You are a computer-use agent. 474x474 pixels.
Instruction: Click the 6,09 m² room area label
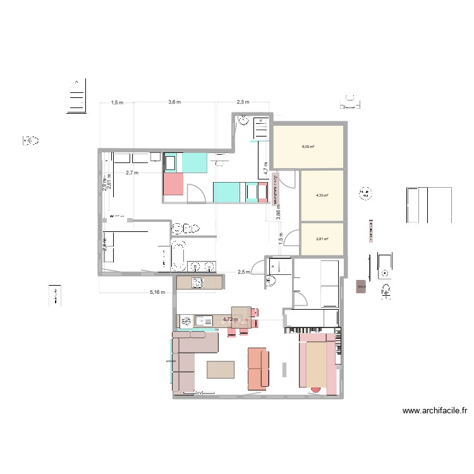pos(308,147)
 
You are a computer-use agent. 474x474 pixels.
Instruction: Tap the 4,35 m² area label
pos(322,195)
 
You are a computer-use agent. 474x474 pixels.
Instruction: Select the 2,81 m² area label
pos(322,239)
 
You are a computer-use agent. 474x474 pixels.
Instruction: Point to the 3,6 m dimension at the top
pos(174,102)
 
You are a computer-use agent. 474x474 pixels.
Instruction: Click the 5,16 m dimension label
pos(157,292)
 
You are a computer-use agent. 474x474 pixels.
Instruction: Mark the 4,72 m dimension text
pos(230,320)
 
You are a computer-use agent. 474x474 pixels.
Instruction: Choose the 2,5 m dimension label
pos(243,272)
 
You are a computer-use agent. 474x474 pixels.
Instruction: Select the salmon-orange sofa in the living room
pos(258,368)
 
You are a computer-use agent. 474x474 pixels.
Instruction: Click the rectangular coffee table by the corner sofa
pos(219,369)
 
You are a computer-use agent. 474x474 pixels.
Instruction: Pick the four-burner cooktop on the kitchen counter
pos(197,282)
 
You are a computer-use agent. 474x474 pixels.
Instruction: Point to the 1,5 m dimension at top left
pos(117,102)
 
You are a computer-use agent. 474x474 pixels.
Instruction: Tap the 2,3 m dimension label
pos(243,102)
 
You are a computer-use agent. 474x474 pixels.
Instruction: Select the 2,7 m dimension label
pos(132,172)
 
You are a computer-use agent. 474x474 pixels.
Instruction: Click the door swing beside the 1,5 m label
pos(291,238)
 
